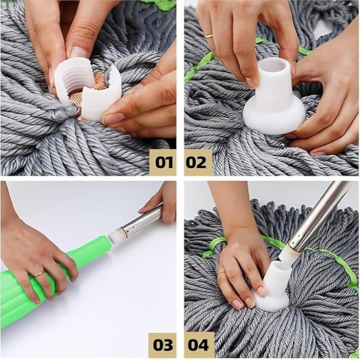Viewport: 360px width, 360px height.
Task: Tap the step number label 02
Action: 197,162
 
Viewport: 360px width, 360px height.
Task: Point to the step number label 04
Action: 198,344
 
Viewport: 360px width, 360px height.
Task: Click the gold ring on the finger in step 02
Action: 209,36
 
